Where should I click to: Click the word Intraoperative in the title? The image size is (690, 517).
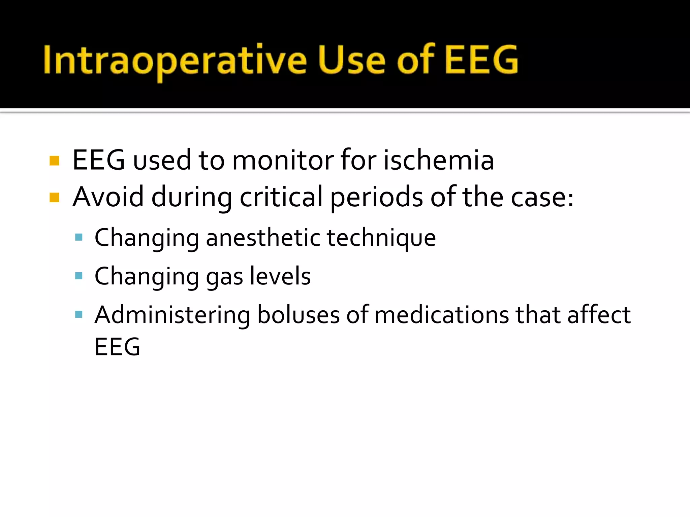pos(175,61)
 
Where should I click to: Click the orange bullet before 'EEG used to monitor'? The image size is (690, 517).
pos(54,161)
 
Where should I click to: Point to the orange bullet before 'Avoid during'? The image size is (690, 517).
pos(54,198)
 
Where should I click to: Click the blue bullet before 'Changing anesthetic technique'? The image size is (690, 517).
pos(79,237)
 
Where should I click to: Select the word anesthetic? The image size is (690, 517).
pos(262,238)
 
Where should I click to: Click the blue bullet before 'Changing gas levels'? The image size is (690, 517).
pos(79,276)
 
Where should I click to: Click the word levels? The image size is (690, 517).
pos(280,276)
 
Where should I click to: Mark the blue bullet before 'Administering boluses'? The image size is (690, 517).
pos(79,315)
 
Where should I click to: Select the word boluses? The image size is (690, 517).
pos(298,315)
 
